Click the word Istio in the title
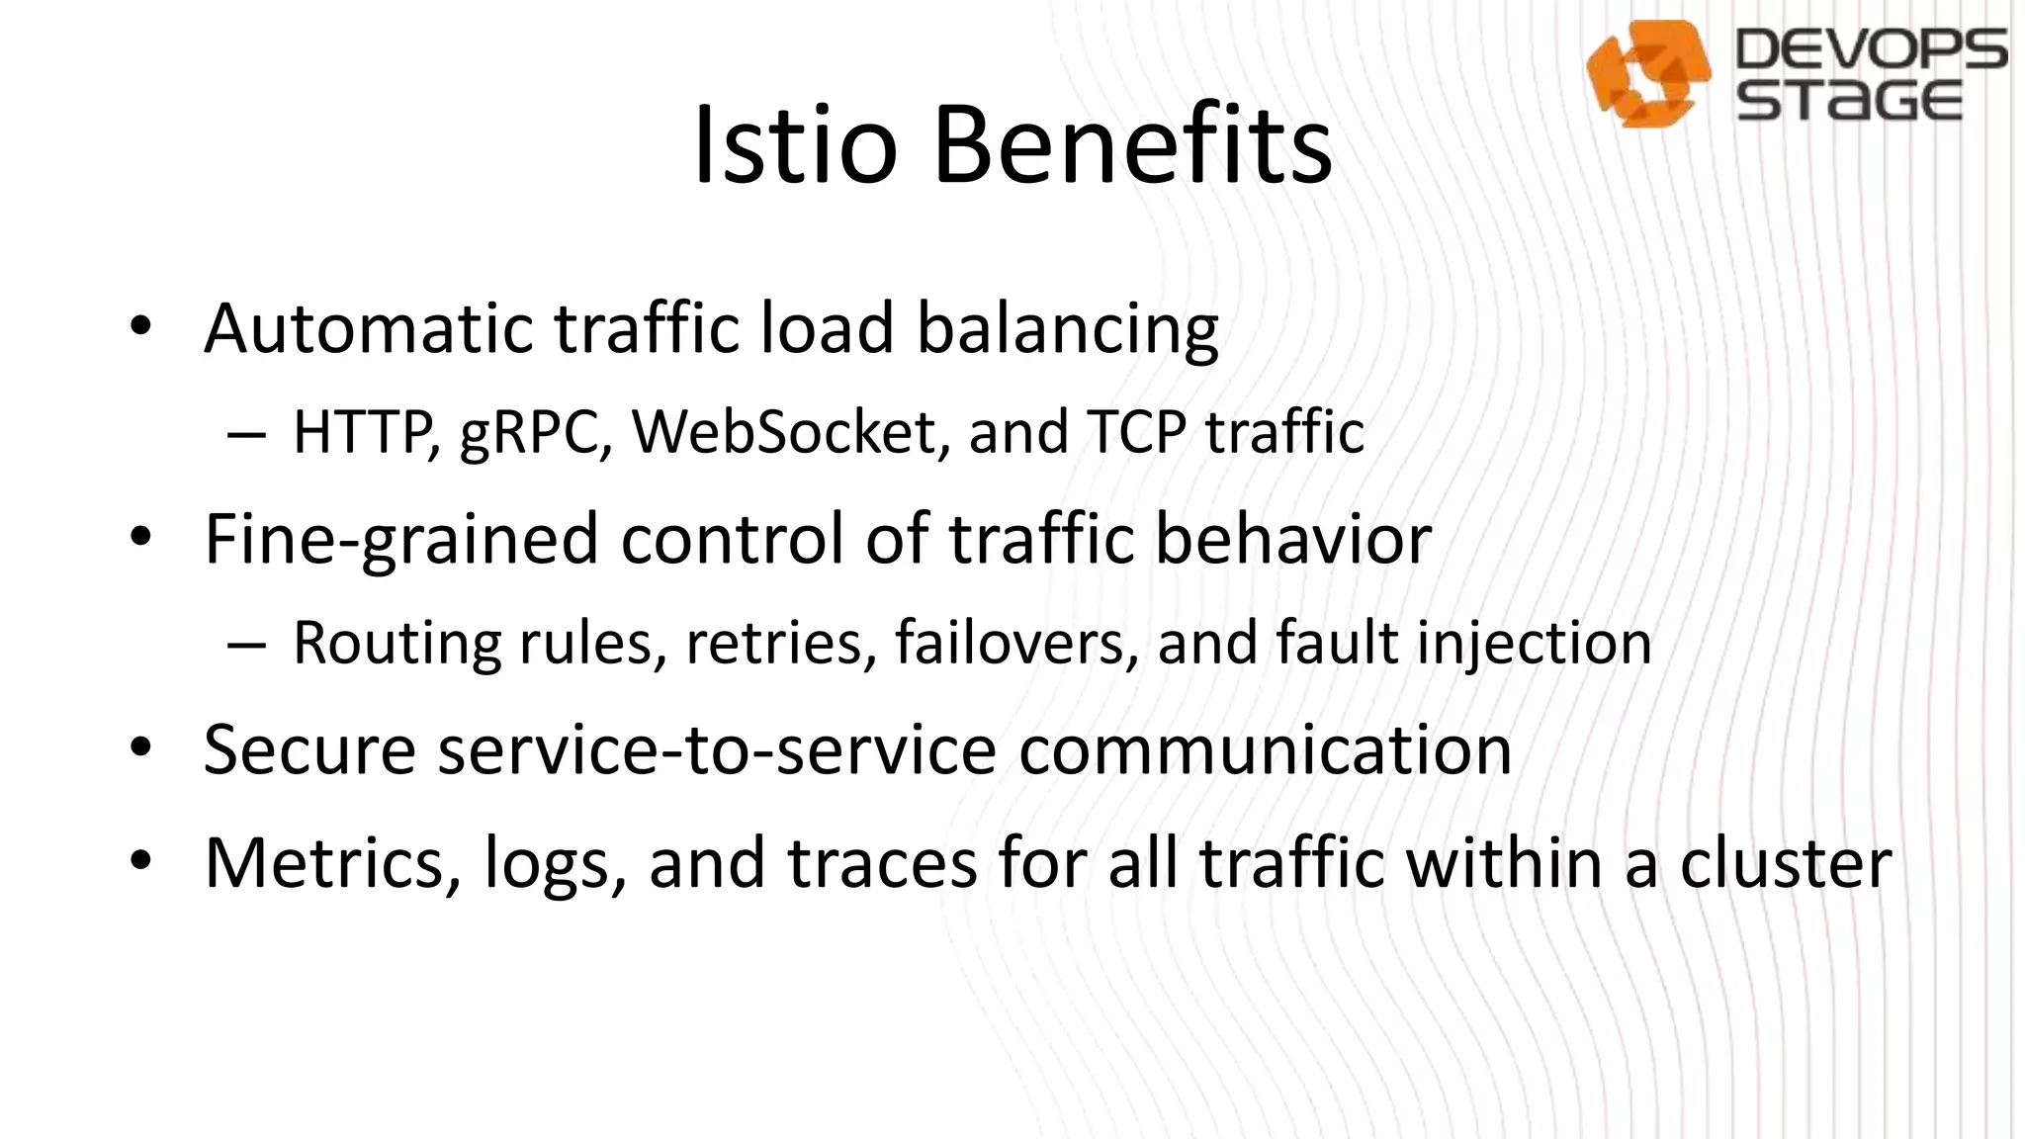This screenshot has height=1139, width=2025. pyautogui.click(x=795, y=146)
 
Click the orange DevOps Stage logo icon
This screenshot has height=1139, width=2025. pyautogui.click(x=1647, y=74)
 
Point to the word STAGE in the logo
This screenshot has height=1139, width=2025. pyautogui.click(x=1849, y=101)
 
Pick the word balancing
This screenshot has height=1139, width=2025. pyautogui.click(x=1068, y=330)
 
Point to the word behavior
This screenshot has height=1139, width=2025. pyautogui.click(x=1293, y=539)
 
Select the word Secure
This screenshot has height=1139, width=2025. pyautogui.click(x=309, y=749)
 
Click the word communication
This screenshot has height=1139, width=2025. pyautogui.click(x=1265, y=749)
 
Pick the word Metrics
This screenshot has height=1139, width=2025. pyautogui.click(x=332, y=863)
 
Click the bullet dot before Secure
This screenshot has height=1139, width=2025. pyautogui.click(x=140, y=748)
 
